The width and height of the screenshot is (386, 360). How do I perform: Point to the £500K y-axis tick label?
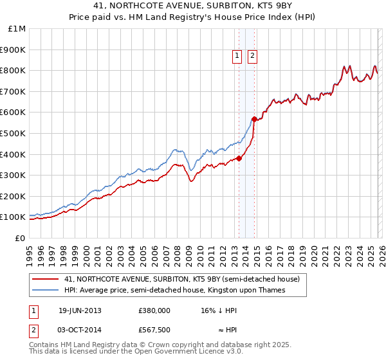14,133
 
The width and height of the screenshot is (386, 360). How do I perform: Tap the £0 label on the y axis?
21,238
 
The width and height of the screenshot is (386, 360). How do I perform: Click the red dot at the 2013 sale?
239,158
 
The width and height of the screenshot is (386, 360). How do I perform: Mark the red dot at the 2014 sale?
254,119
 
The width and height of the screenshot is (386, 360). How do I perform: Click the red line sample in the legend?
46,280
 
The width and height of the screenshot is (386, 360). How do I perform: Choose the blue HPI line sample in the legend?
46,291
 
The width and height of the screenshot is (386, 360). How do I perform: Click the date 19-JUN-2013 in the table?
80,310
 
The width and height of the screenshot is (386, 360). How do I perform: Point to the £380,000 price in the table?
154,310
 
